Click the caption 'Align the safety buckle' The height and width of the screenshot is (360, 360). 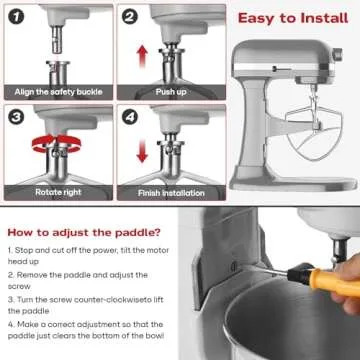pos(56,93)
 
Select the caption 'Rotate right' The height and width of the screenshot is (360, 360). pos(56,188)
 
